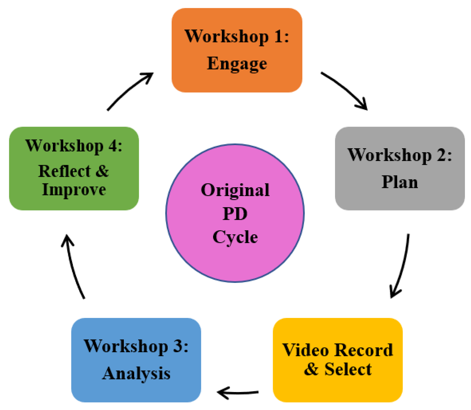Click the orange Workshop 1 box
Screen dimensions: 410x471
[x=237, y=50]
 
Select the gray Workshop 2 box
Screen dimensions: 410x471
[x=400, y=168]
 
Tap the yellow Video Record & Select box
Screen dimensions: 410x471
[x=337, y=360]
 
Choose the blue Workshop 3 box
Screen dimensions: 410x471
[x=136, y=360]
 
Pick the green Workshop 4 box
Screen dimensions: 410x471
[x=74, y=168]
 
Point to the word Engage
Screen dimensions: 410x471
[x=237, y=64]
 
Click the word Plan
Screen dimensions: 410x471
[x=400, y=182]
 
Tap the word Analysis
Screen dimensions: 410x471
[x=136, y=374]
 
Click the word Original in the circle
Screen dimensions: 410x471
[x=235, y=190]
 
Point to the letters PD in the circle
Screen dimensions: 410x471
[x=235, y=214]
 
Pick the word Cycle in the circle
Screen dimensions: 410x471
[x=235, y=237]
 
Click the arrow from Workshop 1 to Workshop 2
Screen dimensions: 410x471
[x=346, y=90]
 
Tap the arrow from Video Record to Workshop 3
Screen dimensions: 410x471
[x=238, y=393]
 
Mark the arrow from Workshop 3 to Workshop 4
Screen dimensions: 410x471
[x=74, y=266]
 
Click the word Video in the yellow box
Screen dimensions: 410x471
[x=306, y=350]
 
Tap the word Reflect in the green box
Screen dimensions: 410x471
[x=64, y=171]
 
